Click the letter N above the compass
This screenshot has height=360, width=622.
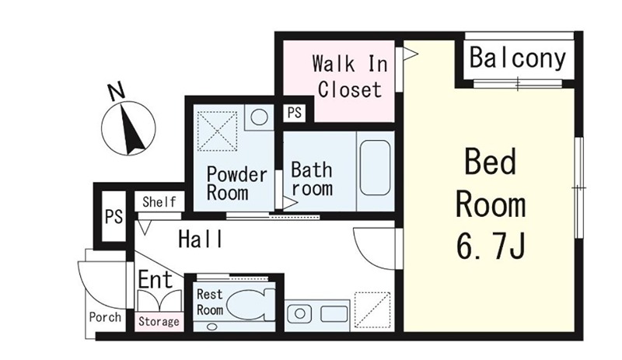coord(116,91)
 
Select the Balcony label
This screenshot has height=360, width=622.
coord(518,59)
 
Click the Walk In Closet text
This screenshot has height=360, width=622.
coord(349,77)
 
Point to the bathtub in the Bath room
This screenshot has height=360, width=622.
coord(376,167)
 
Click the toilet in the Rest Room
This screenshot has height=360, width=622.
coord(252,305)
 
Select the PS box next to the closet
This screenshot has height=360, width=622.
coord(295,113)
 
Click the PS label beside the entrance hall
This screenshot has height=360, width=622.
coord(114,217)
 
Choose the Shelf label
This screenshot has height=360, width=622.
coord(159,202)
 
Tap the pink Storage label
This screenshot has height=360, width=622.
coord(159,321)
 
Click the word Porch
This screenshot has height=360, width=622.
coord(105,317)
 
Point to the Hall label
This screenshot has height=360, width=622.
coord(201,239)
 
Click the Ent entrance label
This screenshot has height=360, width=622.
coord(155,279)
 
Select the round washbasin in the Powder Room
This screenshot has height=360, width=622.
coord(259,117)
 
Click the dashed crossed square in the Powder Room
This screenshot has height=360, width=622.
coord(217,131)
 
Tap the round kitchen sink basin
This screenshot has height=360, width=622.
coord(300,314)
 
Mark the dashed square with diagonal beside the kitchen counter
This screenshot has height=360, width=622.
coord(372,310)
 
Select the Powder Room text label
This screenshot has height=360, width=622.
coord(237,183)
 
